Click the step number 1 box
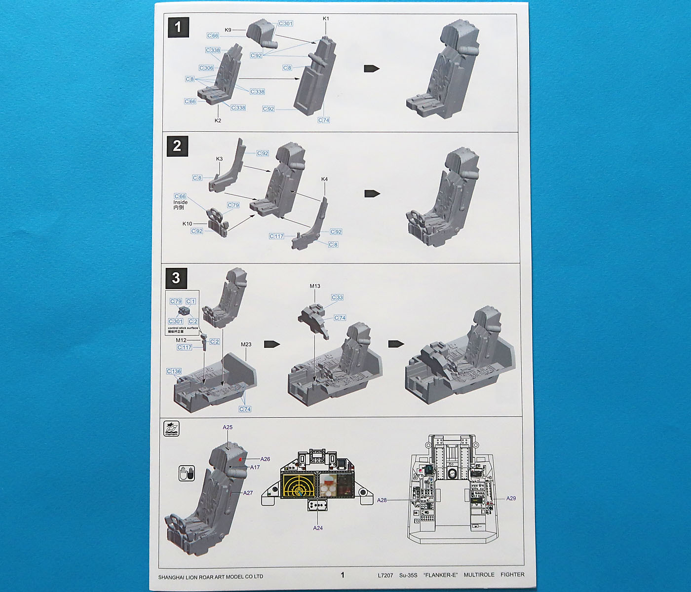tap(178, 28)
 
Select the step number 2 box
tap(177, 147)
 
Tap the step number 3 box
tap(176, 278)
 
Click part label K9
tap(228, 30)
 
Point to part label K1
tap(326, 19)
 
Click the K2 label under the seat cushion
tap(218, 120)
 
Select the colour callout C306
tap(206, 68)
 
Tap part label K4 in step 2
tap(324, 179)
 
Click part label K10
tap(187, 223)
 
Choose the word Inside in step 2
tap(180, 202)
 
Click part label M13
tap(315, 286)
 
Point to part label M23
tap(246, 344)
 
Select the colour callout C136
tap(174, 371)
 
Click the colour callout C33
tap(337, 297)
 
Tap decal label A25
tap(228, 427)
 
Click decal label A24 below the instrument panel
tap(318, 528)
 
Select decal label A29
tap(511, 498)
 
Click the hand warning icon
tap(187, 473)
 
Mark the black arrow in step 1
tap(372, 69)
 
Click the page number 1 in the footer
tap(343, 575)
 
